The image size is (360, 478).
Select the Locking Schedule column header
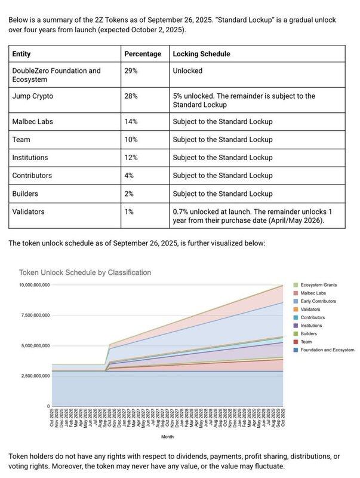click(x=201, y=54)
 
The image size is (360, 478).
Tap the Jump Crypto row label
click(x=35, y=96)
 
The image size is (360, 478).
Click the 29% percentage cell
click(x=131, y=71)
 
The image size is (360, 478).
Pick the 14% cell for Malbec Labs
click(x=131, y=122)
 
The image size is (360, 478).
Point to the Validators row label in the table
click(x=28, y=212)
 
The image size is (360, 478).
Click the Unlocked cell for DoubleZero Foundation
click(x=187, y=71)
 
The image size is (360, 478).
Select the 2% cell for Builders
click(x=129, y=194)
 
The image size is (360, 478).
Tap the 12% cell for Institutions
click(x=131, y=158)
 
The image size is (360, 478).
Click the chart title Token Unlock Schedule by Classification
click(x=85, y=272)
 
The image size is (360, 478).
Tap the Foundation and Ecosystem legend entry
click(x=327, y=350)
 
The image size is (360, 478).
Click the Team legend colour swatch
click(x=296, y=342)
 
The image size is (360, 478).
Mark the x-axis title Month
click(x=167, y=437)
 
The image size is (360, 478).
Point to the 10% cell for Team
click(x=131, y=140)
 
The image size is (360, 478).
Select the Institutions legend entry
click(x=315, y=326)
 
